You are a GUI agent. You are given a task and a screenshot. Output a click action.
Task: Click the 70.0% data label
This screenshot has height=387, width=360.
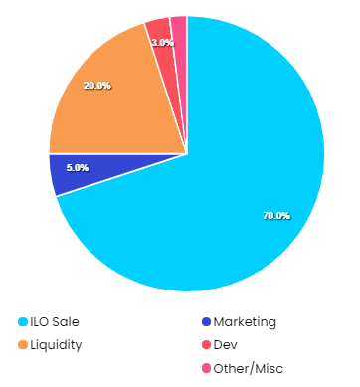coord(276,216)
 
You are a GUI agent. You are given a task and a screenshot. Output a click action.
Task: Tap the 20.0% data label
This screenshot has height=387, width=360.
coord(97,86)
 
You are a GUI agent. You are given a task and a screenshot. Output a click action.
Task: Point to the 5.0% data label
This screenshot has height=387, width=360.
coord(78,168)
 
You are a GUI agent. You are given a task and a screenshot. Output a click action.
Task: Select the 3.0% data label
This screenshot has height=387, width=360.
coord(163,43)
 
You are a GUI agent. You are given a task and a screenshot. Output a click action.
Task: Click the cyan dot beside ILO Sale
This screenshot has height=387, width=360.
coord(23,322)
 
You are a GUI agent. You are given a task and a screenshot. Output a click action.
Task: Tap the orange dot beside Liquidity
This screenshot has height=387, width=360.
coord(23,345)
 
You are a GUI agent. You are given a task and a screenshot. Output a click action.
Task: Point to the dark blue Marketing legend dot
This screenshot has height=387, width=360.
coord(206,322)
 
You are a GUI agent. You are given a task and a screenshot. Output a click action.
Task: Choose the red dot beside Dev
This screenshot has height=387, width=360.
coord(206,345)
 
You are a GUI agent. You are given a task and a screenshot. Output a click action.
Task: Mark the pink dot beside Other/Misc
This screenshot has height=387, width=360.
coord(206,368)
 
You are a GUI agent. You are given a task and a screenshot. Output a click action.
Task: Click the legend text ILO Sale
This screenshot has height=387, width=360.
coord(55,322)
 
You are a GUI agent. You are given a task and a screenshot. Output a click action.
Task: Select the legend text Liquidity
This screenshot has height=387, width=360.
coord(56,345)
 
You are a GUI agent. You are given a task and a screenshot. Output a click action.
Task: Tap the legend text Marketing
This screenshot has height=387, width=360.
coord(245,322)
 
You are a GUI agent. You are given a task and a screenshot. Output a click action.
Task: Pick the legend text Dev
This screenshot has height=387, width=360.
coord(226,345)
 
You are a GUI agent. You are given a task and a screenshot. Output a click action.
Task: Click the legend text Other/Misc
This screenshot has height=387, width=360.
coord(249,369)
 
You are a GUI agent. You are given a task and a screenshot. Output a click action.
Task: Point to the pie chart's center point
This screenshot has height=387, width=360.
coord(187,153)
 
